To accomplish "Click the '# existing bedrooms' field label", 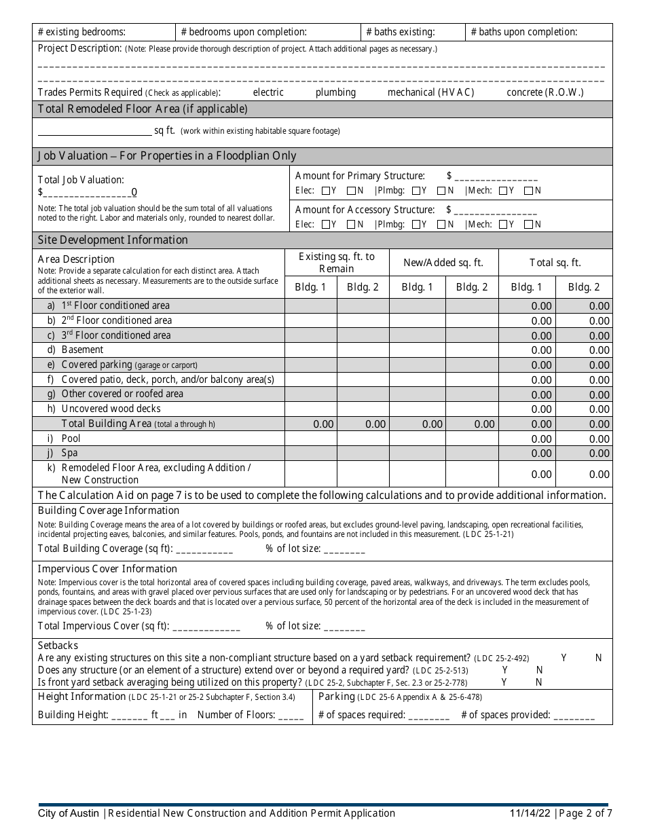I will (81, 32).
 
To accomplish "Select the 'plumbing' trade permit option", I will (335, 92).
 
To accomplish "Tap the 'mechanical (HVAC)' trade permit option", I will (430, 92).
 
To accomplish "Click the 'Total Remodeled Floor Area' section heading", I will (143, 109).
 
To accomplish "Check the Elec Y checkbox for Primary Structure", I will (326, 191).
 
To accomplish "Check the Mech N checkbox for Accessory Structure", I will (528, 225).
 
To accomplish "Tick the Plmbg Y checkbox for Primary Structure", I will (416, 191).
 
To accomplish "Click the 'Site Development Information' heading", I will (113, 240).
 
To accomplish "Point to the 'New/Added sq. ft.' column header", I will (443, 263).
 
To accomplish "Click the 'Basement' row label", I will (82, 350).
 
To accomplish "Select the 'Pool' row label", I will (71, 439).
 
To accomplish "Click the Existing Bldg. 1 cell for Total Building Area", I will (311, 424).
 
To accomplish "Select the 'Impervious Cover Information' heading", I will (107, 569).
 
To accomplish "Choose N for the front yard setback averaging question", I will (539, 682).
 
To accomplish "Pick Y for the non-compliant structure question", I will (564, 658).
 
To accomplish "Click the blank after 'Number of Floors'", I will (291, 715).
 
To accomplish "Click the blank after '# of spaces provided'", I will (574, 715).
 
